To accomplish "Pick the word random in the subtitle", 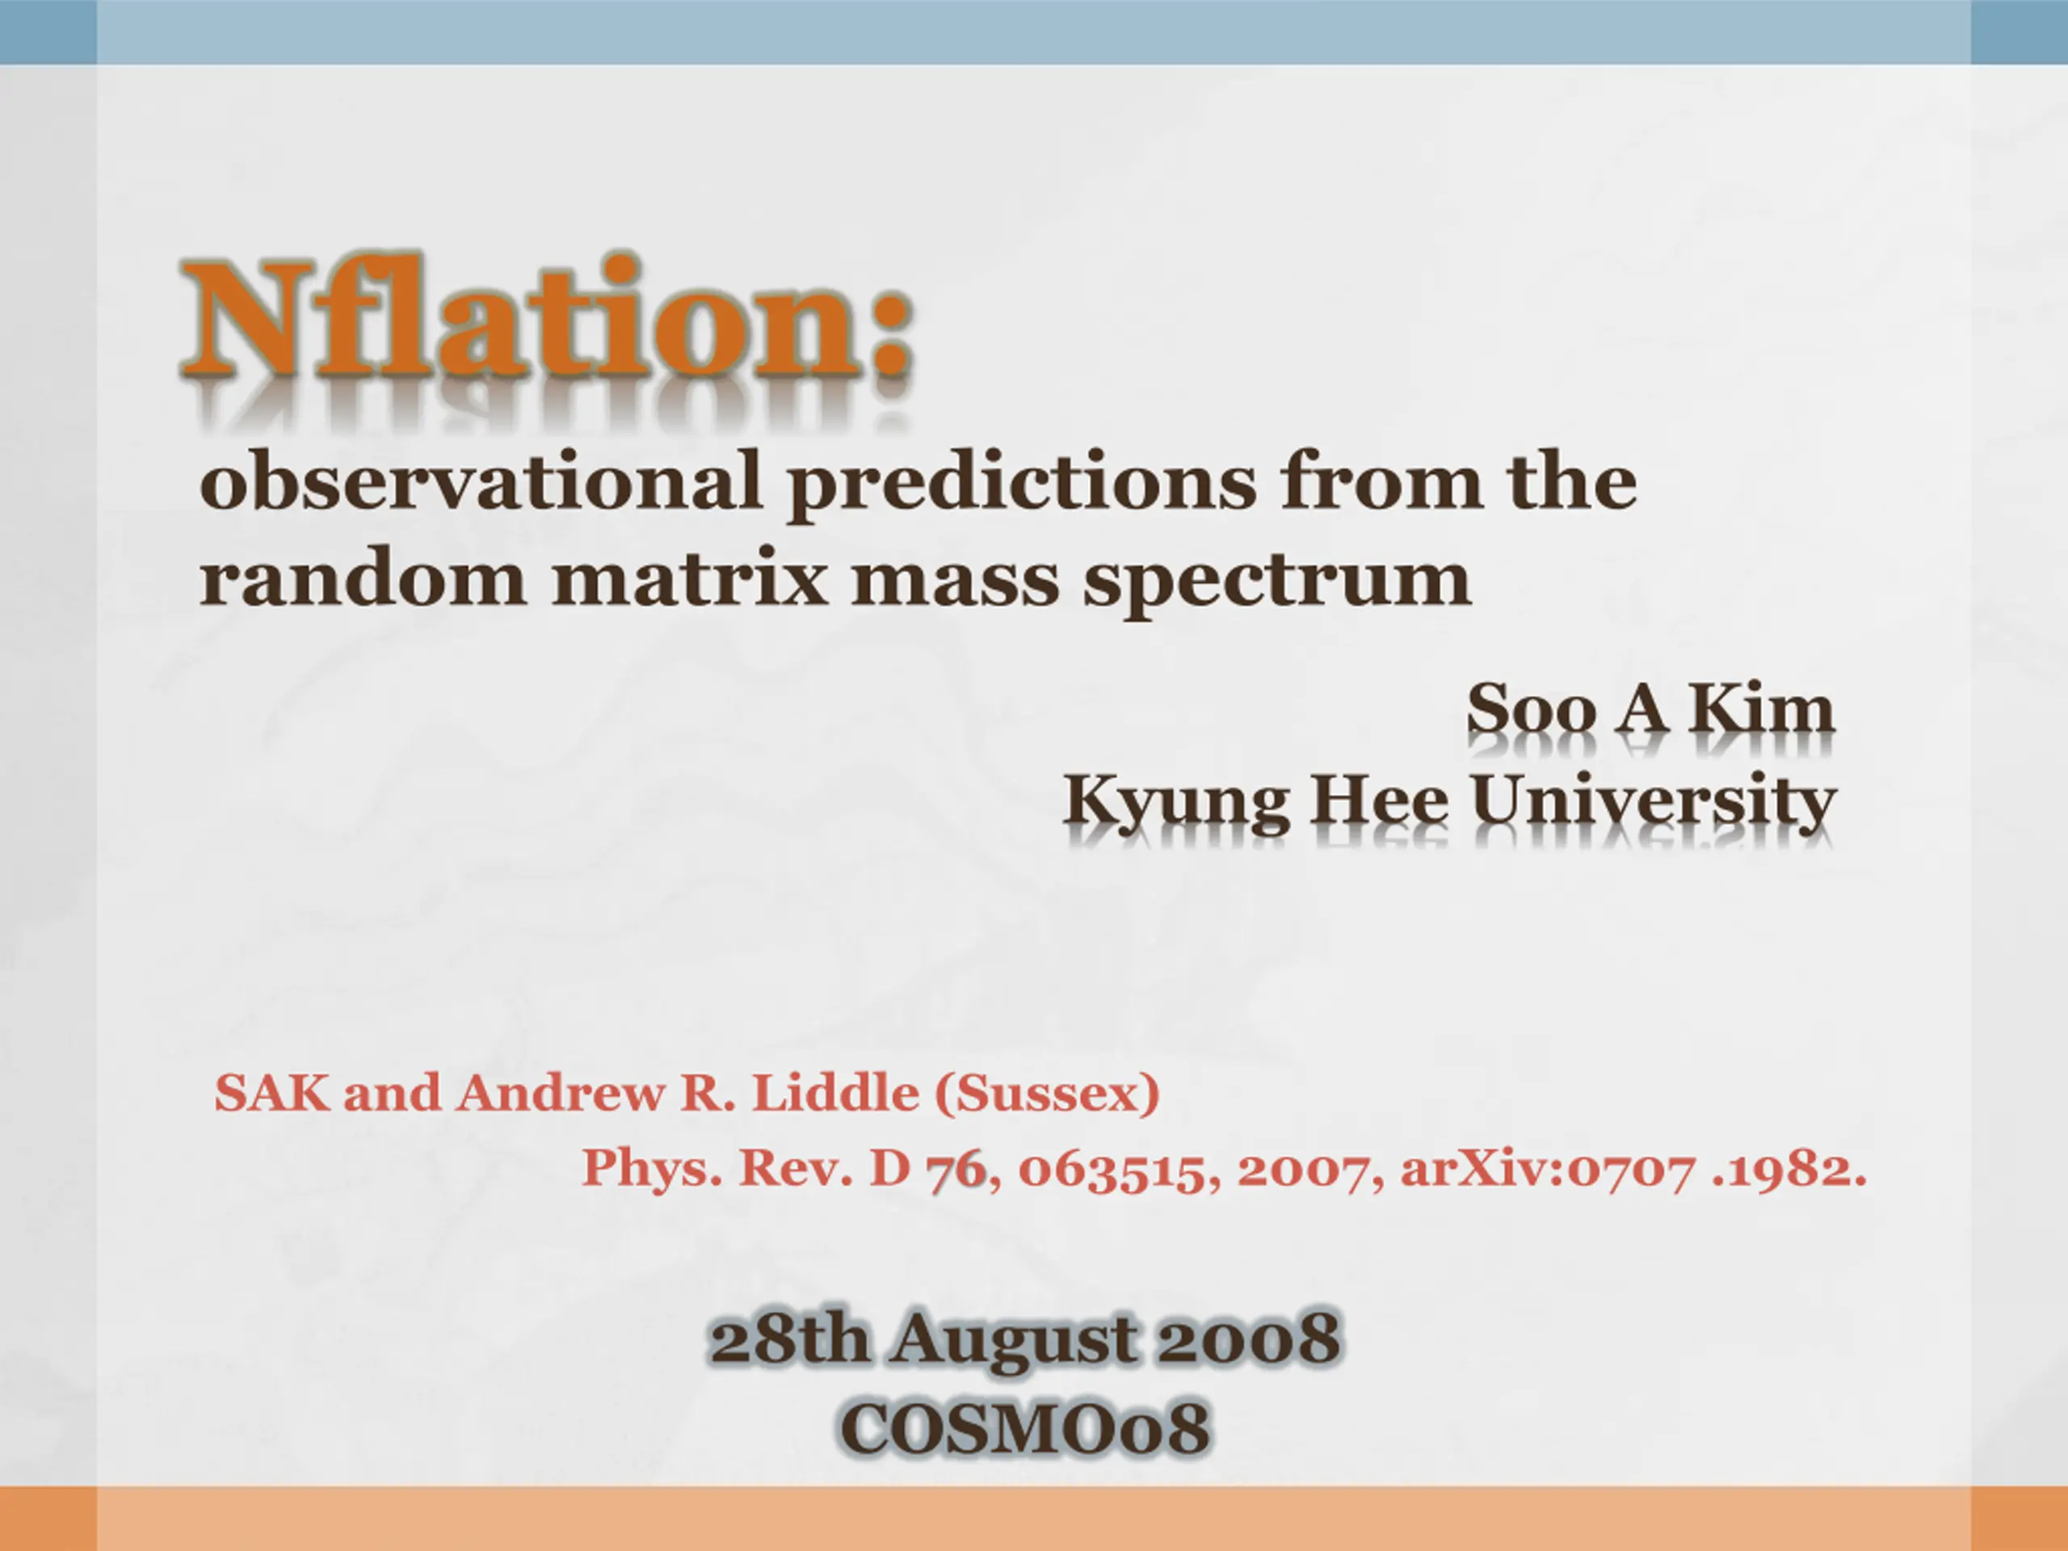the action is click(x=364, y=577).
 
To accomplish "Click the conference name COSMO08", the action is click(x=1024, y=1427).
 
